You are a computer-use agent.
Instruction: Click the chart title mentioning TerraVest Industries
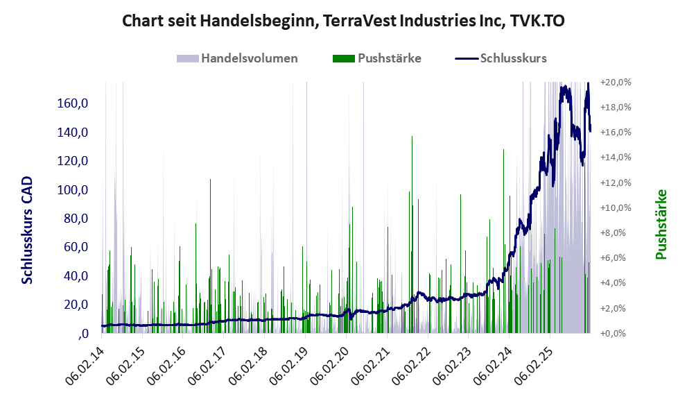point(343,21)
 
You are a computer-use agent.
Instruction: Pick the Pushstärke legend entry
point(389,58)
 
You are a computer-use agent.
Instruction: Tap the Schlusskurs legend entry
point(513,58)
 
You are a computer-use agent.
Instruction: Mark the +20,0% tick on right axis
point(615,83)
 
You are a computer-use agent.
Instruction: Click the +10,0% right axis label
point(615,207)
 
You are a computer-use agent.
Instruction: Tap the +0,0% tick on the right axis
point(616,333)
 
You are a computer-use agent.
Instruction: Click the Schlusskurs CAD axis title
point(27,230)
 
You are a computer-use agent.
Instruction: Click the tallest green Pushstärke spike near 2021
point(412,208)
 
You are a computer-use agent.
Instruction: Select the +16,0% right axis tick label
point(615,133)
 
